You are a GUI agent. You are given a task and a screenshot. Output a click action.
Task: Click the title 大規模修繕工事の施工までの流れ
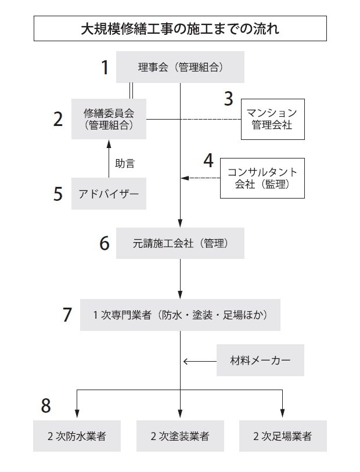[180, 28]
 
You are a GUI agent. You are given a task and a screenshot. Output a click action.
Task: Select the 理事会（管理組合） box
[180, 67]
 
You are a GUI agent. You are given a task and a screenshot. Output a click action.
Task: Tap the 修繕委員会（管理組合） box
[109, 118]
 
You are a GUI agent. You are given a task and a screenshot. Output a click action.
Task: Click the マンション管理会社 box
[272, 118]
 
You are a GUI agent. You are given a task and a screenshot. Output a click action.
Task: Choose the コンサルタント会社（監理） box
[262, 178]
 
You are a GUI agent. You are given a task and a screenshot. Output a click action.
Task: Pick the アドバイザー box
[109, 194]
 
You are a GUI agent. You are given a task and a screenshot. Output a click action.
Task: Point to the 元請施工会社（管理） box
[180, 243]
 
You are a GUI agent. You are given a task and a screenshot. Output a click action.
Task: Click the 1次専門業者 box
[180, 315]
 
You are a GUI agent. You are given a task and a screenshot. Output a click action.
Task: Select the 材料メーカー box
[260, 361]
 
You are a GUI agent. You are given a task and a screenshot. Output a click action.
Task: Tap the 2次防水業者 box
[77, 436]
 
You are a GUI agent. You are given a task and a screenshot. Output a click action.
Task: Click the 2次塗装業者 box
[180, 436]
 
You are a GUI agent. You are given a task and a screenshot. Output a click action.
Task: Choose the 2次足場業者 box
[282, 436]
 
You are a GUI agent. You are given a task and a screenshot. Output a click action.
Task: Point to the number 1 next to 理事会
[105, 68]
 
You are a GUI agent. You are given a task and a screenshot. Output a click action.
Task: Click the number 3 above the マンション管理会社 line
[228, 98]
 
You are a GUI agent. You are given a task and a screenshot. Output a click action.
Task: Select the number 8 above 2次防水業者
[46, 406]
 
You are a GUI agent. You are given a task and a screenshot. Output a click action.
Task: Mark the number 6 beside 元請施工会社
[105, 243]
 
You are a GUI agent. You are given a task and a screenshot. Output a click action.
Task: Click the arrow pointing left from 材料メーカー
[199, 361]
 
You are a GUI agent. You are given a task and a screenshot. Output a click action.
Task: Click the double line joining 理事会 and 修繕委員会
[131, 91]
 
